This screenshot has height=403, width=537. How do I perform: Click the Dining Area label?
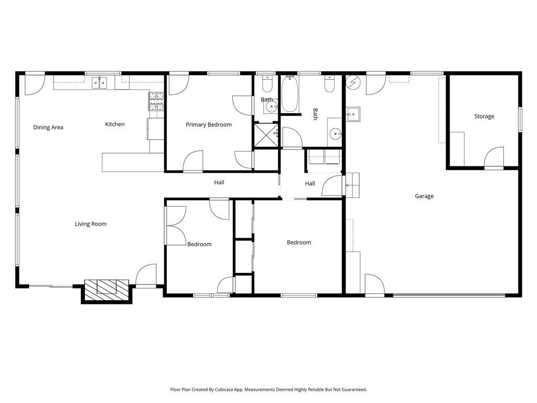pyautogui.click(x=48, y=127)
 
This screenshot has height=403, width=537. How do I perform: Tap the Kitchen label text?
pyautogui.click(x=115, y=124)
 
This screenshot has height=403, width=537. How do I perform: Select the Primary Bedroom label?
pyautogui.click(x=209, y=125)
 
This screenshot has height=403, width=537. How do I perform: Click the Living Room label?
pyautogui.click(x=91, y=224)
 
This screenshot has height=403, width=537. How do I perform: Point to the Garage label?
pyautogui.click(x=424, y=196)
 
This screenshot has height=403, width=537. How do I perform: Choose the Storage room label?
pyautogui.click(x=484, y=116)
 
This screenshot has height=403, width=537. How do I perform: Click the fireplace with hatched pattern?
pyautogui.click(x=107, y=289)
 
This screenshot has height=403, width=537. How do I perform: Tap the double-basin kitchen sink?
pyautogui.click(x=100, y=82)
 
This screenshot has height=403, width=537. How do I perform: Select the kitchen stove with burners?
pyautogui.click(x=156, y=102)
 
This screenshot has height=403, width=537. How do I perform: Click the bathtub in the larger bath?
pyautogui.click(x=289, y=94)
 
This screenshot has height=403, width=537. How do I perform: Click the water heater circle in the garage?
pyautogui.click(x=352, y=82)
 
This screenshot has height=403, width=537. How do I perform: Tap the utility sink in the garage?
pyautogui.click(x=352, y=114)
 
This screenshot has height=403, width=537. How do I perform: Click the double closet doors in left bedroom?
pyautogui.click(x=176, y=225)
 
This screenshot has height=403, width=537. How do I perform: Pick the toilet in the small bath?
pyautogui.click(x=267, y=84)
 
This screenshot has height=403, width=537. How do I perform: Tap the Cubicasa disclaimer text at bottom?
pyautogui.click(x=268, y=389)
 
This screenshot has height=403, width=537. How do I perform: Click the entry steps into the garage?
pyautogui.click(x=352, y=184)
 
